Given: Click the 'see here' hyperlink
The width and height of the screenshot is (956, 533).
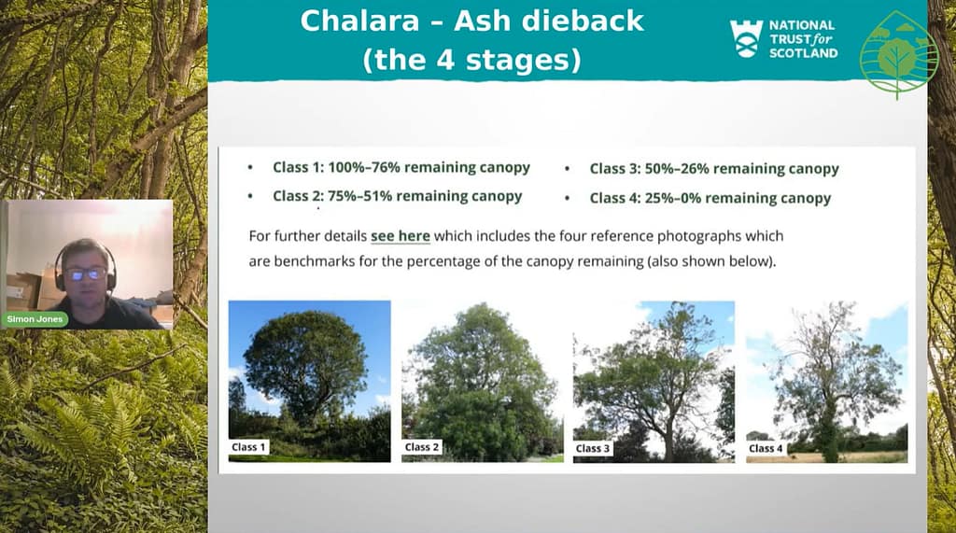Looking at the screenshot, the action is click(401, 236).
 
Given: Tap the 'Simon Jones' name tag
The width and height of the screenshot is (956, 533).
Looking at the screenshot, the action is click(35, 319).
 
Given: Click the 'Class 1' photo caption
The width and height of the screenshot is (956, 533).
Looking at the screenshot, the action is click(248, 447).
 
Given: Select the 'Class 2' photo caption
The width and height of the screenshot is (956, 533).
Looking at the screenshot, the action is click(422, 447).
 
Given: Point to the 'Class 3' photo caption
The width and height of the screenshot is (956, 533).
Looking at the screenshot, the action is click(593, 448).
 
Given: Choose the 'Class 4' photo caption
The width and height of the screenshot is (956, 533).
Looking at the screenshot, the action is click(766, 448).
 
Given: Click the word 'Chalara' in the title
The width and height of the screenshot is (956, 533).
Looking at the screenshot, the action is click(359, 21).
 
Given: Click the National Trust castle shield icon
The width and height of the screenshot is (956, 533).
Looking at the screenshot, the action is click(746, 38).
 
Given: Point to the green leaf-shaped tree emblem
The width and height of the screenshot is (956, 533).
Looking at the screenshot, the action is click(898, 55).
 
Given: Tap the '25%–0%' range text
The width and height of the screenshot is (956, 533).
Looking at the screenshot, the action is click(672, 198).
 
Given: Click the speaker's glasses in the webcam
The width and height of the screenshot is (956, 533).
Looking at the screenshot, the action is click(86, 274).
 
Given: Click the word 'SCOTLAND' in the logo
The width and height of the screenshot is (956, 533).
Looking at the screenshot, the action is click(803, 53).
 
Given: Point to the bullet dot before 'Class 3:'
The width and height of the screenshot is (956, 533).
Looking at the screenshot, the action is click(567, 169).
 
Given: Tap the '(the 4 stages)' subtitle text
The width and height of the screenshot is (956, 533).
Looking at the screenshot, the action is click(471, 61).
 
